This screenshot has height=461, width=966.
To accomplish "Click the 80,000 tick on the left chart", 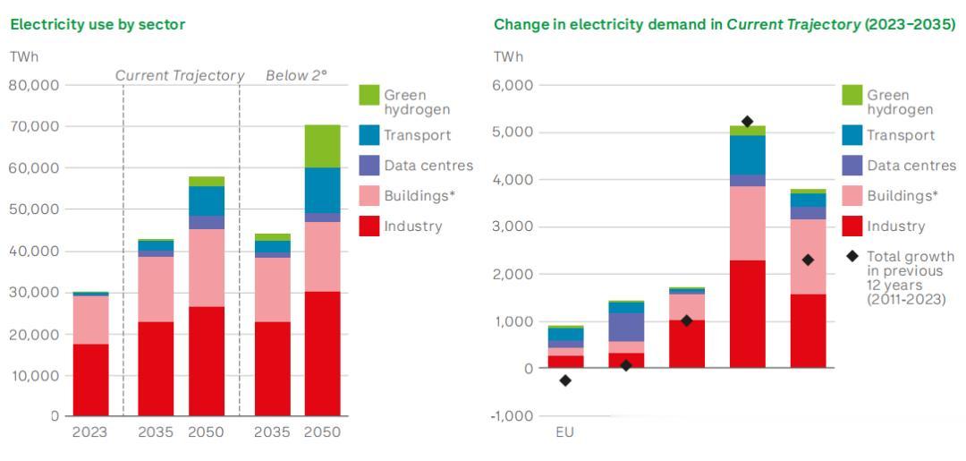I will point(34,85).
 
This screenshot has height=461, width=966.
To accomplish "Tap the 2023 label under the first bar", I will point(89,431).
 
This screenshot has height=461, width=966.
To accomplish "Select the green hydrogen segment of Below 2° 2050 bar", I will point(322,146).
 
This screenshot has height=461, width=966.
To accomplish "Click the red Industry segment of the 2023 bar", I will point(90,380).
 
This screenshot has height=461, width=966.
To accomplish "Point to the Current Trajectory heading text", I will point(180,76).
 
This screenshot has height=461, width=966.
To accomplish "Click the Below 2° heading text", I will point(296,76).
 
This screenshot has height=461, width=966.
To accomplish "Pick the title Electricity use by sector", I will point(97,24).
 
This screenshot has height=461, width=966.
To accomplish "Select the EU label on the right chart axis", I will point(564,431).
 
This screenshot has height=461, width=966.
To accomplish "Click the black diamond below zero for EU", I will point(565,380).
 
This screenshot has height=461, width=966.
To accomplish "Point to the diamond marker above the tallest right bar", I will point(748,122).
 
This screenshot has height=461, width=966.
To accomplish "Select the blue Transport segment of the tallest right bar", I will point(748,155).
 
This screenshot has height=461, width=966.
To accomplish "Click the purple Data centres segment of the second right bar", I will point(626,327).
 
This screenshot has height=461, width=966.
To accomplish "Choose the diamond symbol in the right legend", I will point(852,257).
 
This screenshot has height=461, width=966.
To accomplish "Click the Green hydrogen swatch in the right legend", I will point(852,95).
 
